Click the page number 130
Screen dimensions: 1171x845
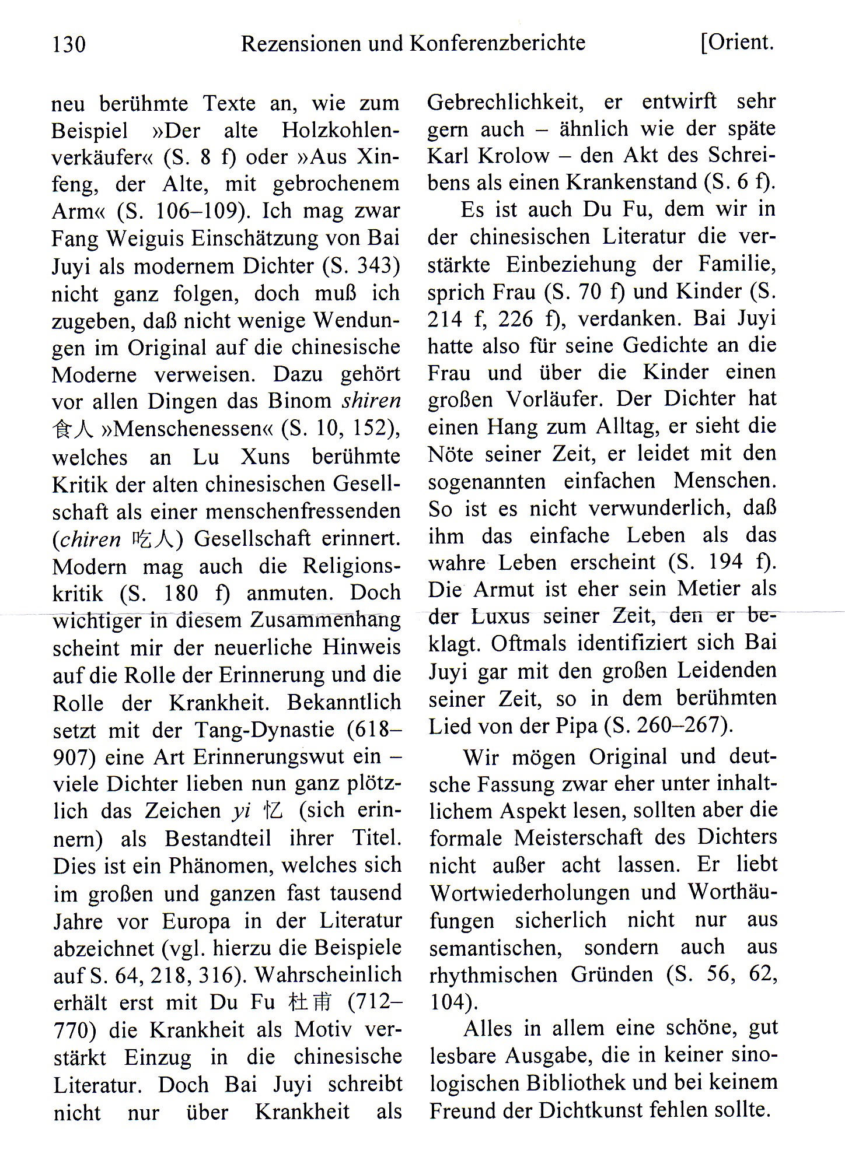click(x=69, y=44)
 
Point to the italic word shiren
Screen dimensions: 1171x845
click(x=372, y=401)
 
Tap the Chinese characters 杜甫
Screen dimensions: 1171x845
click(x=310, y=1002)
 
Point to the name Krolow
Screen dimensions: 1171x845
click(x=514, y=156)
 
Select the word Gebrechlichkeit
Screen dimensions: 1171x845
click(x=505, y=102)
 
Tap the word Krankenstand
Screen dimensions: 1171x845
click(x=632, y=183)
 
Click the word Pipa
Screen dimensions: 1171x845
click(x=577, y=726)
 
